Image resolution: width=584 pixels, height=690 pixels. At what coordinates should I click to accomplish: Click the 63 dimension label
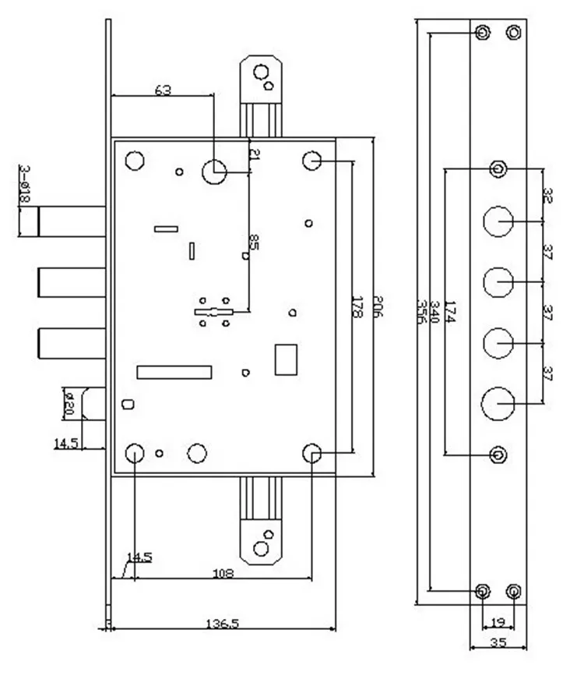click(x=163, y=90)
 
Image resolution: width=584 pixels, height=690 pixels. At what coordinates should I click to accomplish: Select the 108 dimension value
click(x=224, y=573)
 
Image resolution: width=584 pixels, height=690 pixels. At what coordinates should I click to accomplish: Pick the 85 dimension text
click(x=254, y=242)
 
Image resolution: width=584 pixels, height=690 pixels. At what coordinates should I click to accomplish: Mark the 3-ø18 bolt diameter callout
click(x=24, y=185)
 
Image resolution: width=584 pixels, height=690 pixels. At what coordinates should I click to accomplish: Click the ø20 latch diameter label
click(x=68, y=404)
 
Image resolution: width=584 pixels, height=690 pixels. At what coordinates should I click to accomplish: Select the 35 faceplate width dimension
click(x=499, y=643)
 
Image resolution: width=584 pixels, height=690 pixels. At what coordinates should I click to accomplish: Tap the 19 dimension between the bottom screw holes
click(x=498, y=622)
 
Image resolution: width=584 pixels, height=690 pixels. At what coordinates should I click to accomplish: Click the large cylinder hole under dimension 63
click(x=214, y=171)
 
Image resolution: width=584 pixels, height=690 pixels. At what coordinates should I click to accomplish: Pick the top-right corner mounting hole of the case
click(x=312, y=161)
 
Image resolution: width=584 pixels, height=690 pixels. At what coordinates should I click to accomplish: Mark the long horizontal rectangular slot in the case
click(x=174, y=372)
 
